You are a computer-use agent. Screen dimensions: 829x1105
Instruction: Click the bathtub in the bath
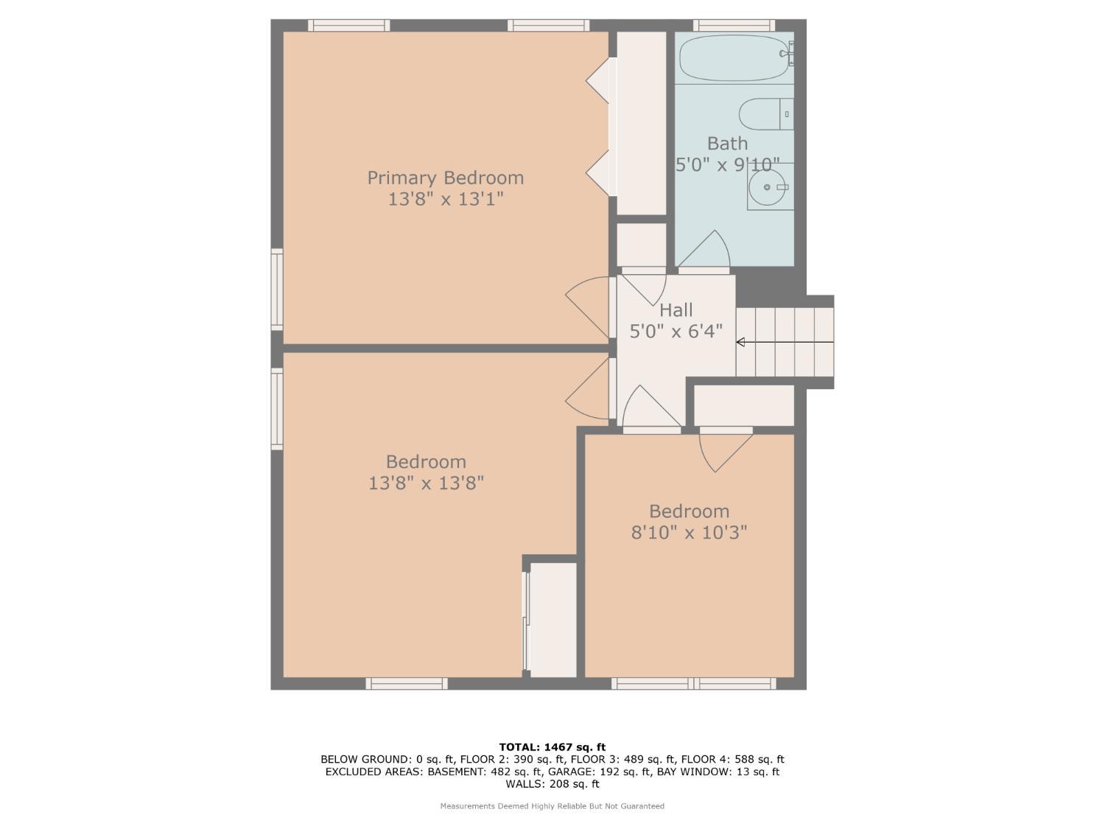coord(734,58)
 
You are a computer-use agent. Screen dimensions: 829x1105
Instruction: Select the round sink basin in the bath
coord(767,188)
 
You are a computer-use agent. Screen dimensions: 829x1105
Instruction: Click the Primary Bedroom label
coord(446,178)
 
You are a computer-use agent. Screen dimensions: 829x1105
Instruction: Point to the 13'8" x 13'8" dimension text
coord(426,483)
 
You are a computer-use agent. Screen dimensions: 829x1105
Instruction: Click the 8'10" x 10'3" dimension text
coord(689,532)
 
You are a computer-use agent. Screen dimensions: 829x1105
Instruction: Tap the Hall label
coord(676,309)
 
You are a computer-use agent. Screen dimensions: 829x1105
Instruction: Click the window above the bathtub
coord(734,25)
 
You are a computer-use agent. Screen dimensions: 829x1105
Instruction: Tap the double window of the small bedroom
coord(693,684)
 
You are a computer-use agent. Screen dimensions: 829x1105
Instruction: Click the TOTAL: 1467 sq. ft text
coord(552,746)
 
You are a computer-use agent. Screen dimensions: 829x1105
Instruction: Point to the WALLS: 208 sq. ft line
coord(552,784)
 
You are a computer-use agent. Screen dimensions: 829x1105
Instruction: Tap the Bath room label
coord(727,143)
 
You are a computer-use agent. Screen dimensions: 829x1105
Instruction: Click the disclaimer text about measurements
coord(552,806)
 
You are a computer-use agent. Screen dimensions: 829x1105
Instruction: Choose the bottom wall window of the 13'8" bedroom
coord(407,684)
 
